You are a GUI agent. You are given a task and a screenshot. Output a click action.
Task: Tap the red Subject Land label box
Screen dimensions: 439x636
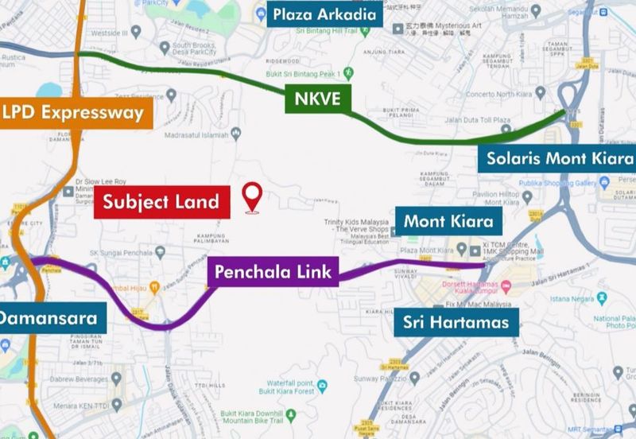pyautogui.click(x=162, y=202)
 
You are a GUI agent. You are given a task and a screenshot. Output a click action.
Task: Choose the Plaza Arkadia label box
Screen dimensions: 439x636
pyautogui.click(x=325, y=14)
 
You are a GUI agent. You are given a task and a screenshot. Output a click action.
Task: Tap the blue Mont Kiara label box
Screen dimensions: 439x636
pyautogui.click(x=448, y=221)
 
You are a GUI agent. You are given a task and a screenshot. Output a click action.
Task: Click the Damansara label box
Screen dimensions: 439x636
pyautogui.click(x=49, y=319)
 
